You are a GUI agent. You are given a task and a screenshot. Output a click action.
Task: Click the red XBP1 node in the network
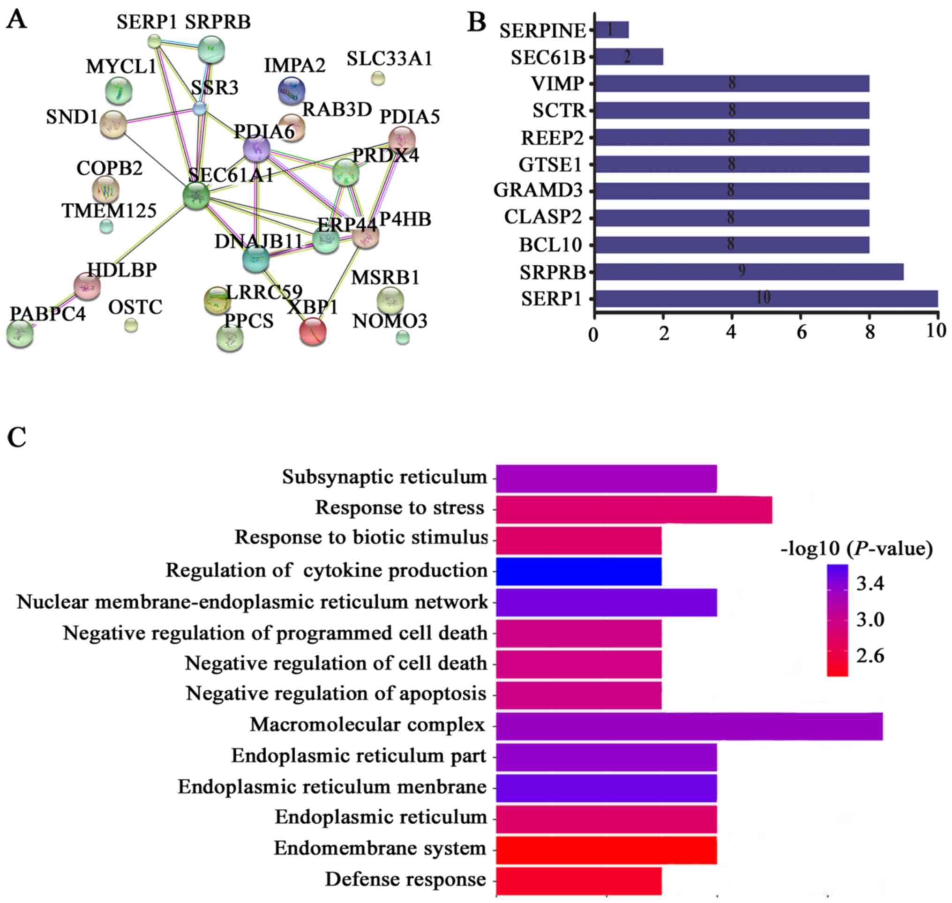coord(313,331)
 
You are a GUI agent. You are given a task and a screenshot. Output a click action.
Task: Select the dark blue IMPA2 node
coord(292,91)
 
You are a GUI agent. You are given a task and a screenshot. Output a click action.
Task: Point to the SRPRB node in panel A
coord(211,50)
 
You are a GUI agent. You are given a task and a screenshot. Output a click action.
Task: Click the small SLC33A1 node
coord(378,78)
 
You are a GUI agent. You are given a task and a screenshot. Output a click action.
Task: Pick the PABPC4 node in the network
coord(20,334)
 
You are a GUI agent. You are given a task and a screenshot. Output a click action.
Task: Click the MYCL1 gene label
coord(121,67)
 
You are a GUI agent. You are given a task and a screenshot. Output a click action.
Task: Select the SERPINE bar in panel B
coord(612,30)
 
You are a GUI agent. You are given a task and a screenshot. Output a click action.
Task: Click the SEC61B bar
coord(629,57)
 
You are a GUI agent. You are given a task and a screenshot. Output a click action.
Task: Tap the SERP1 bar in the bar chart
coord(766,299)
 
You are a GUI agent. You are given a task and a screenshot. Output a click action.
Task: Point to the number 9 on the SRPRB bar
coord(742,271)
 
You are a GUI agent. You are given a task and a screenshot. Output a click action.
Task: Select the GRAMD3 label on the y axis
coord(539,191)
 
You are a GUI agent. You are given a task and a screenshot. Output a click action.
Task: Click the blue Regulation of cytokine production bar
coord(579,571)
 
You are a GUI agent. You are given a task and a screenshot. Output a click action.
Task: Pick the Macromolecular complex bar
coord(689,726)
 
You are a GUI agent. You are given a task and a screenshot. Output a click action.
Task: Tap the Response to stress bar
coord(634,510)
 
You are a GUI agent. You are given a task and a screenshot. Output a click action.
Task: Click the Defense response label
coord(405,880)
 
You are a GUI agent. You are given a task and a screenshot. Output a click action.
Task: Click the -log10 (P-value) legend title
coord(857,549)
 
